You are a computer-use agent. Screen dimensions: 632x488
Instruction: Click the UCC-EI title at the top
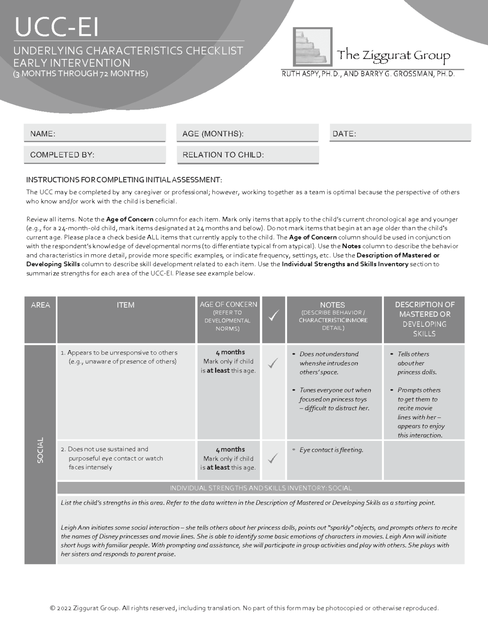[57, 27]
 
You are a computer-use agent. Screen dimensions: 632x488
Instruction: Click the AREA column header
[40, 305]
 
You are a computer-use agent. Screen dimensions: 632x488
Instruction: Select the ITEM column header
[126, 305]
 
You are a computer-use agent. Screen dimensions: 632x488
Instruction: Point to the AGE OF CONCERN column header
[228, 305]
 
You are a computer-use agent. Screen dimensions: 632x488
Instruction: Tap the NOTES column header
[332, 305]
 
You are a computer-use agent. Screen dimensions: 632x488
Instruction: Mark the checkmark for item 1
[273, 363]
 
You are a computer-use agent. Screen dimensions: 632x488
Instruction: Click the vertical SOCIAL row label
[40, 450]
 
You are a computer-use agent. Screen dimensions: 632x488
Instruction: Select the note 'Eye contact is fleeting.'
[331, 450]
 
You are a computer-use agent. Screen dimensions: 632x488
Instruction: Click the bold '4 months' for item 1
[230, 352]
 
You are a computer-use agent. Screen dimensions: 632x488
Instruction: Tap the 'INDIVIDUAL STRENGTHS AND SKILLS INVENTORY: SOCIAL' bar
[261, 488]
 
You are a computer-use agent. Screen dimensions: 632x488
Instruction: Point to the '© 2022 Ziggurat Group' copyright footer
[244, 608]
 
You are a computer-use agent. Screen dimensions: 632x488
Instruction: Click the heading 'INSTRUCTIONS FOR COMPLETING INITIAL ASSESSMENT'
[124, 180]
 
